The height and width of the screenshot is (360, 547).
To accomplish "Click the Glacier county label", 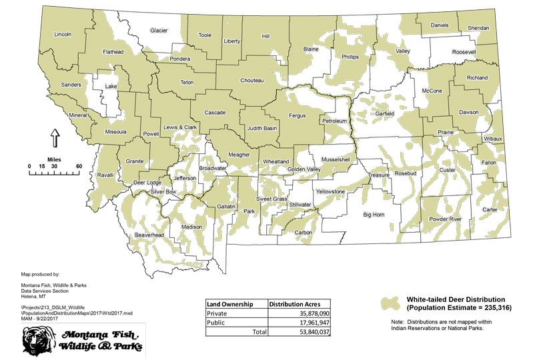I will pos(159,31).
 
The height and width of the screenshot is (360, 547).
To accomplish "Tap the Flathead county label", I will pos(113,51).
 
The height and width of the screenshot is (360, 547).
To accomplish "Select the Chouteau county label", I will pos(251,81).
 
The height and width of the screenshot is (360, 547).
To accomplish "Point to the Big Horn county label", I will pos(374,215).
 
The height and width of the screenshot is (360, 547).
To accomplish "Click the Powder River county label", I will pos(446,219).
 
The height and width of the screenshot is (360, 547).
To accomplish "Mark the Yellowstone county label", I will pos(330,192).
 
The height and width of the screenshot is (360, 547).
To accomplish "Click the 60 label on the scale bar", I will pos(79,166).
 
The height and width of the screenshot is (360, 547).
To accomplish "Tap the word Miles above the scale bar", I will pos(54,159).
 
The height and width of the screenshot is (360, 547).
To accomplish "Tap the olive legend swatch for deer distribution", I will pos(391,303).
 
